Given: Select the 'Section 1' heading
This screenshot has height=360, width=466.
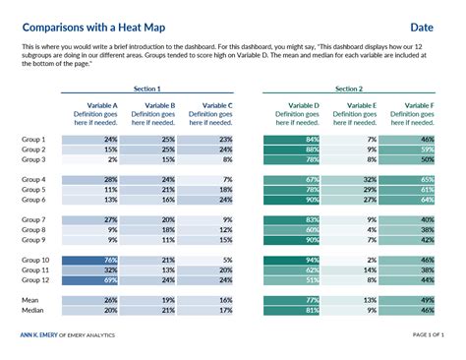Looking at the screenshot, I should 147,89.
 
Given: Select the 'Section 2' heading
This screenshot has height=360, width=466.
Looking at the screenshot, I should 348,89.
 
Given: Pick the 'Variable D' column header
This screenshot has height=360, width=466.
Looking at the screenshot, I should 302,104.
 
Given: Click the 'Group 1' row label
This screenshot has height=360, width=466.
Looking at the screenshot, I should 34,140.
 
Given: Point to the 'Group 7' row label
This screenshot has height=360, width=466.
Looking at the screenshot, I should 34,219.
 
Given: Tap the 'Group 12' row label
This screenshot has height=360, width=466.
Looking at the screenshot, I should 36,279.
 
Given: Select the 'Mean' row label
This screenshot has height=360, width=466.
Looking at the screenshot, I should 31,299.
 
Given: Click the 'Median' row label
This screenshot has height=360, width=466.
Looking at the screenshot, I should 33,310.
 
